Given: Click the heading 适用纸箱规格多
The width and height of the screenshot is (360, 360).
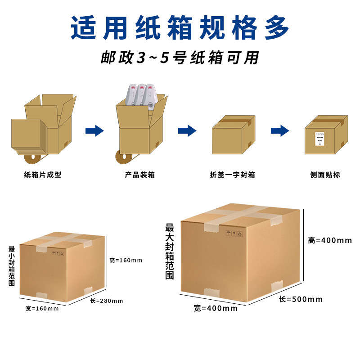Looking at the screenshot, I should [180, 27].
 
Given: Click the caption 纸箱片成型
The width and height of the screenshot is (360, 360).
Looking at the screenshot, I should [43, 175].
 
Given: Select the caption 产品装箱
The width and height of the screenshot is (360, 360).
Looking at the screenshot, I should [140, 175].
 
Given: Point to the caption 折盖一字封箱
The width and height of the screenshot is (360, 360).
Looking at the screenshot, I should [232, 175].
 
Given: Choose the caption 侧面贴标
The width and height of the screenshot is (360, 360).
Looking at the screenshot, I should [325, 175].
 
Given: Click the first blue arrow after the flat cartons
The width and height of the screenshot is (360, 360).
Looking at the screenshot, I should [94, 131].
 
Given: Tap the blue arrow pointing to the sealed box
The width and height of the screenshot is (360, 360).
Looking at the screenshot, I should [187, 131].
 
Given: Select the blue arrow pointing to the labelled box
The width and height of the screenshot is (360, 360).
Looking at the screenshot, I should [280, 131].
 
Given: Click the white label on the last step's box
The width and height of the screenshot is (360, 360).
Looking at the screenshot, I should [319, 138].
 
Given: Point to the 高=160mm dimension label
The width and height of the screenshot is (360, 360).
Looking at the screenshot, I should [126, 260].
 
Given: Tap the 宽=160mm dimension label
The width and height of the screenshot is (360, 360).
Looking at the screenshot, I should [42, 308].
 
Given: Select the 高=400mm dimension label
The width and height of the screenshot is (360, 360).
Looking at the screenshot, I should [330, 240].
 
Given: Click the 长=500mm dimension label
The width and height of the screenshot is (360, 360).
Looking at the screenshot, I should [301, 299].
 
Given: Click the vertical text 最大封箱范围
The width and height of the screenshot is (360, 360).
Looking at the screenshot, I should [169, 252].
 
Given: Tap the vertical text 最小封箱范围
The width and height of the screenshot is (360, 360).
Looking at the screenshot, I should [12, 266].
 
